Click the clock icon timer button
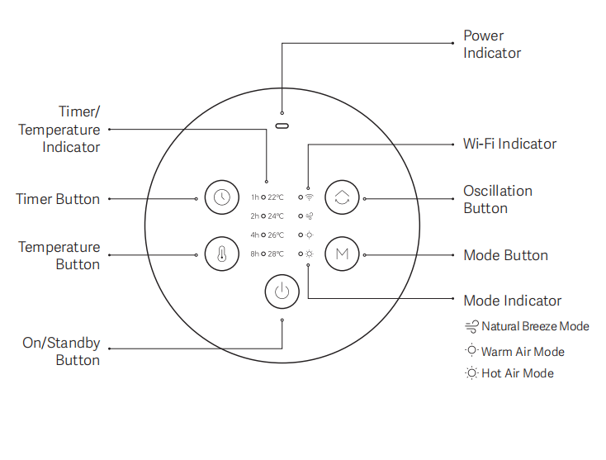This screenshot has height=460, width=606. (x=221, y=197)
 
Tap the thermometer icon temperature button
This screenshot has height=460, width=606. (x=221, y=254)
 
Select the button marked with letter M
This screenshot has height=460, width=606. (x=341, y=254)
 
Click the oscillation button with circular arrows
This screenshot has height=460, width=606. (x=341, y=197)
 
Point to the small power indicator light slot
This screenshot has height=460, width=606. (x=282, y=127)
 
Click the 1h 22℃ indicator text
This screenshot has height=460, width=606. (x=267, y=197)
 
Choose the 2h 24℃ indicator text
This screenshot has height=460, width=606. (x=267, y=216)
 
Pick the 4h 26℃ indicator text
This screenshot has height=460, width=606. (x=267, y=235)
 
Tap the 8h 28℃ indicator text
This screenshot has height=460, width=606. (x=267, y=254)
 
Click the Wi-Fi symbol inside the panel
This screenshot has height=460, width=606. (x=310, y=197)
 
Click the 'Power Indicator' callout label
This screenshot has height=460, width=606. (x=492, y=45)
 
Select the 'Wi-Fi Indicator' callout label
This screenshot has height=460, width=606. (x=509, y=144)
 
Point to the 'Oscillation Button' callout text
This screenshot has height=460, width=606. (x=497, y=199)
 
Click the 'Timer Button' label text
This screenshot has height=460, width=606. (x=58, y=199)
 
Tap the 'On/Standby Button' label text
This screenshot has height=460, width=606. (x=61, y=351)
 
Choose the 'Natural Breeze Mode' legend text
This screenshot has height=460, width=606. (x=535, y=326)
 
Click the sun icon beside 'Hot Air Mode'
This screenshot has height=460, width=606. (x=471, y=373)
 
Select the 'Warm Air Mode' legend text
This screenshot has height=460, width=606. (x=523, y=352)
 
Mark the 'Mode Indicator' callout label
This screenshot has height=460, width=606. (x=512, y=301)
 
